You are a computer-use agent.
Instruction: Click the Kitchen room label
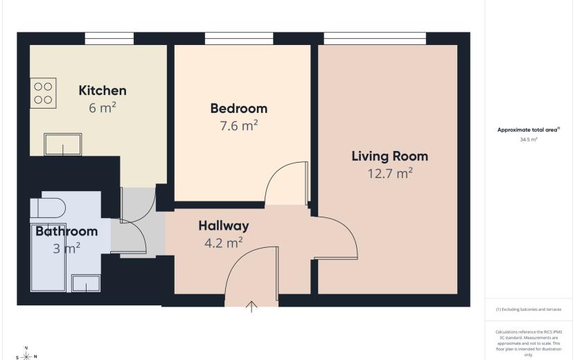tap(103, 91)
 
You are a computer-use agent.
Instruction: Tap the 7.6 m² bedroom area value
tap(239, 125)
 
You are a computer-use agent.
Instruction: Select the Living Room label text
tap(390, 156)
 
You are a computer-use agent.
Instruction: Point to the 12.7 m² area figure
tap(390, 173)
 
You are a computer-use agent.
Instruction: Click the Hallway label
tap(224, 226)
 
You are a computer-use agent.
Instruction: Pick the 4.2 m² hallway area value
tap(224, 242)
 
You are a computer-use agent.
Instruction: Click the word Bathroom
tap(67, 231)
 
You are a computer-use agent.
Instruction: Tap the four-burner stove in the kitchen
tap(43, 93)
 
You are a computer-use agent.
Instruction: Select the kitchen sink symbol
tap(63, 145)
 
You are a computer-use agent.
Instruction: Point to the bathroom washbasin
tap(86, 283)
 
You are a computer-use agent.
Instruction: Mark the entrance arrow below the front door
tap(251, 307)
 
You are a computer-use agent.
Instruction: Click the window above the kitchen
tap(109, 39)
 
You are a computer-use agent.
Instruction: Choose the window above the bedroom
tap(239, 39)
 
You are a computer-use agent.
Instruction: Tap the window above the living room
tap(375, 39)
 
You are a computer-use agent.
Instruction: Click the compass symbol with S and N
tap(26, 355)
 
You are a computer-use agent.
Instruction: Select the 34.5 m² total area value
tap(529, 140)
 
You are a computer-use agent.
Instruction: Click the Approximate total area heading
tap(529, 129)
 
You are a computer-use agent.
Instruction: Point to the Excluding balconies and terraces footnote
tap(529, 309)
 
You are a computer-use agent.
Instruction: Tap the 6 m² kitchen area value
tap(103, 108)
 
